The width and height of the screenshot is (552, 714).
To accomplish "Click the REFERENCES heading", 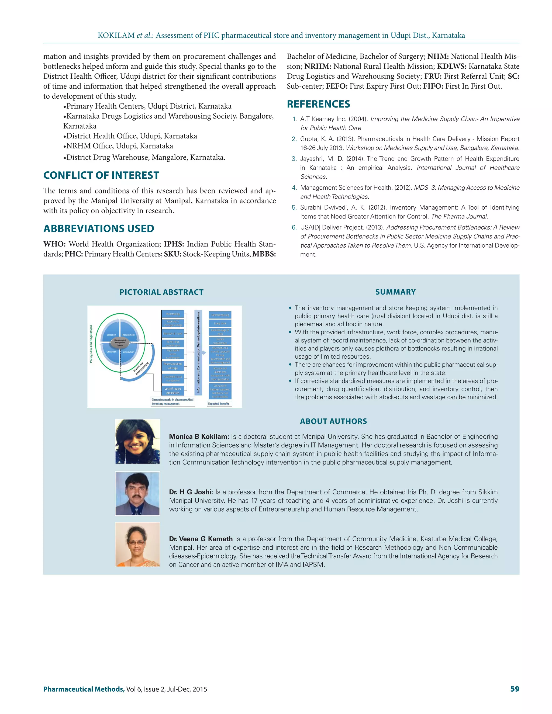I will (318, 104).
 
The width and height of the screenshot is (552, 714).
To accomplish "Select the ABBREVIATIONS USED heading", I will (98, 228).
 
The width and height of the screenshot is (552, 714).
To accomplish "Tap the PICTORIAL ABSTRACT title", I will (161, 292).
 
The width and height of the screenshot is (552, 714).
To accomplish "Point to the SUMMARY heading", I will (395, 292).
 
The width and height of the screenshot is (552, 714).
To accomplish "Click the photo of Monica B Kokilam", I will (138, 441).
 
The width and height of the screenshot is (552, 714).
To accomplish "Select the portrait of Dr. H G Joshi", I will (138, 493).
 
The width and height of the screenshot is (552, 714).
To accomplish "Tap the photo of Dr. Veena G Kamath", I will (138, 544).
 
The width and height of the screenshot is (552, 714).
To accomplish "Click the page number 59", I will (514, 689).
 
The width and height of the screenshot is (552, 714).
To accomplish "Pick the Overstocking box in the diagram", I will (173, 314).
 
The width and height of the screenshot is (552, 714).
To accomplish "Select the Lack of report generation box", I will (173, 391).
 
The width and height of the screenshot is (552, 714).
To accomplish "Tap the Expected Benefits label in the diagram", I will (219, 404).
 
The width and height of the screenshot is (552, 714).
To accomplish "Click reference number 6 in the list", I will (294, 228).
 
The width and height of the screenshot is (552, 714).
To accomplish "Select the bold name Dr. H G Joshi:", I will (191, 492).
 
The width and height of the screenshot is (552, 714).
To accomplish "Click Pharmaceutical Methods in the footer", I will (84, 689).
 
